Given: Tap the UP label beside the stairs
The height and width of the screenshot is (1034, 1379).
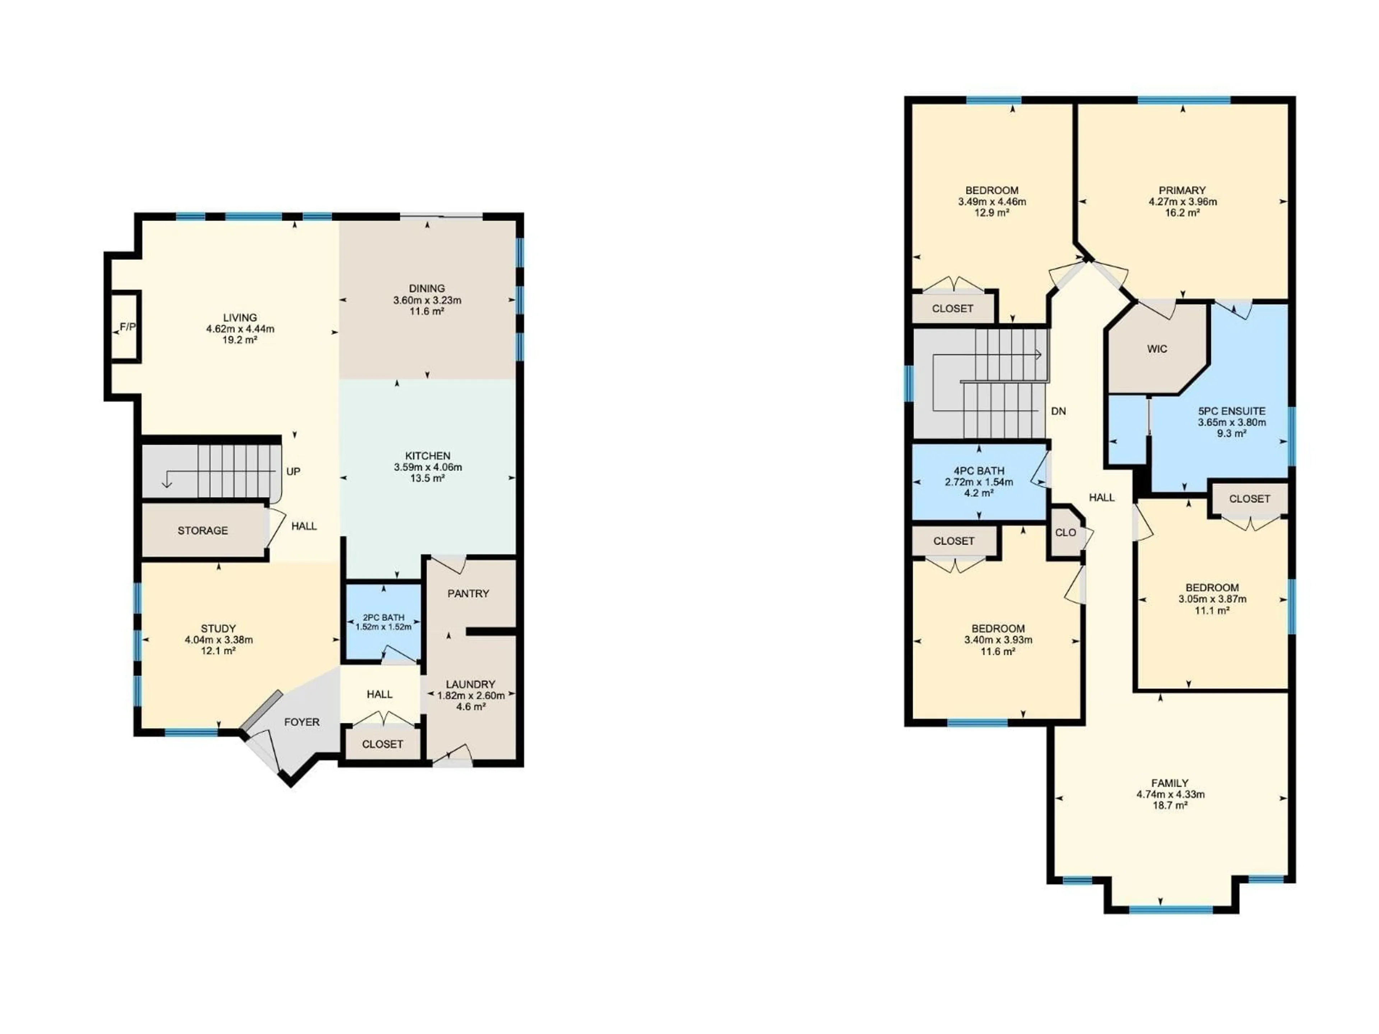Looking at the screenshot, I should [x=293, y=471].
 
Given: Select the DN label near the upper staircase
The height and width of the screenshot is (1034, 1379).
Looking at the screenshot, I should [x=1059, y=411].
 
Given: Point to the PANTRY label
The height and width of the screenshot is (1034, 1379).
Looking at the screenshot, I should [x=468, y=593].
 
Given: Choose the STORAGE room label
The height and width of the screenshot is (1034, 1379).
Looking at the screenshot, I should [x=203, y=530].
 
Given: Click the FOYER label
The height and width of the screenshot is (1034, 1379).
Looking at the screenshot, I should [x=302, y=722].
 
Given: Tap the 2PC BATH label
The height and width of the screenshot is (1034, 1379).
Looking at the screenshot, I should [x=384, y=617].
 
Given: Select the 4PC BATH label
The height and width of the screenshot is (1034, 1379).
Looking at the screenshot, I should [x=979, y=471].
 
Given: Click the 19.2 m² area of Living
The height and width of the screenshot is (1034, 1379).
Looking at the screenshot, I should [x=240, y=340].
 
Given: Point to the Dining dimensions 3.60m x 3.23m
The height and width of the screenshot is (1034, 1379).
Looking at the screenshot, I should [x=427, y=300].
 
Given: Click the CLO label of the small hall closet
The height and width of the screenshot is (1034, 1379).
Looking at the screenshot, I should [x=1065, y=532].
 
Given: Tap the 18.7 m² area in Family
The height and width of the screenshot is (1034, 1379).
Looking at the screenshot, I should [x=1170, y=805].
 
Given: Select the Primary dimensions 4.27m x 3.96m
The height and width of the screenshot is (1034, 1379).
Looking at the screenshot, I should [x=1183, y=201].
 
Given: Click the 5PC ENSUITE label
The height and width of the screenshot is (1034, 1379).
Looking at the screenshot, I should [x=1232, y=411].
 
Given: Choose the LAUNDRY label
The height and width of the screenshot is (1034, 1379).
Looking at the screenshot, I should [x=471, y=684].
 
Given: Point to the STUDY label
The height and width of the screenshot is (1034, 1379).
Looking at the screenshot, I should [x=218, y=628].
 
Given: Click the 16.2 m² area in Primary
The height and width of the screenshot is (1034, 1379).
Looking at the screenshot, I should [x=1183, y=213].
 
